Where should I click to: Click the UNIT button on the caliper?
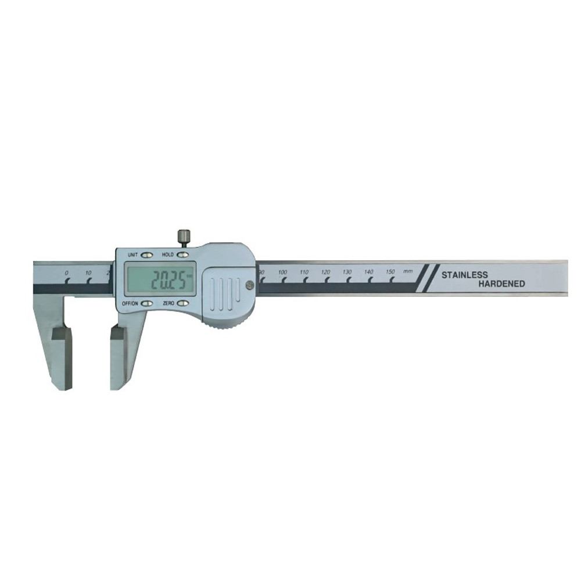[x=147, y=255]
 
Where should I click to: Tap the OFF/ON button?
[x=147, y=303]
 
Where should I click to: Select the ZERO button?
[x=182, y=303]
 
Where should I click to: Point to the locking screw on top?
[x=183, y=238]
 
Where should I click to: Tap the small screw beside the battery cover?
[x=249, y=284]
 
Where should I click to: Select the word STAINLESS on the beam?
[x=465, y=275]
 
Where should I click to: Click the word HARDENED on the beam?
[x=502, y=284]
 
